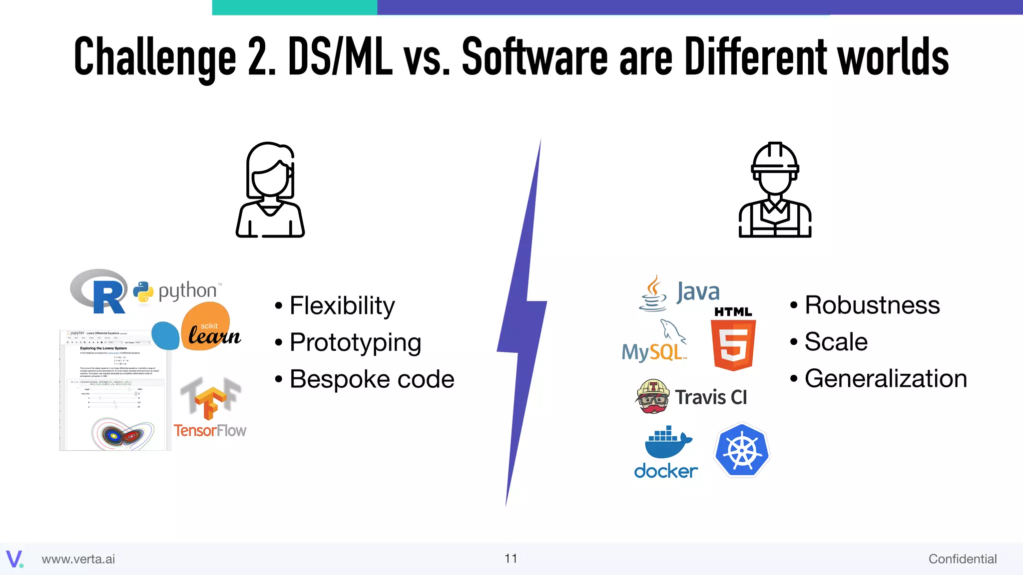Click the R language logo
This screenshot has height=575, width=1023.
pyautogui.click(x=100, y=291)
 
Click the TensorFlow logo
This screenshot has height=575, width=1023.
pyautogui.click(x=210, y=407)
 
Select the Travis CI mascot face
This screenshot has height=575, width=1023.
pyautogui.click(x=653, y=396)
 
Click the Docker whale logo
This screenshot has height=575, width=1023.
pyautogui.click(x=666, y=452)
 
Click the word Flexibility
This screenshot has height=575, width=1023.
pyautogui.click(x=342, y=305)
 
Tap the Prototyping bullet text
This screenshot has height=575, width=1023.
pyautogui.click(x=355, y=342)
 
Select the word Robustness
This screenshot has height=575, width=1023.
pyautogui.click(x=872, y=305)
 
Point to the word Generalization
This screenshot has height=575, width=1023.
pyautogui.click(x=886, y=378)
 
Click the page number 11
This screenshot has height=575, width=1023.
pyautogui.click(x=511, y=559)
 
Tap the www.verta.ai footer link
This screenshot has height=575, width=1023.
pyautogui.click(x=78, y=559)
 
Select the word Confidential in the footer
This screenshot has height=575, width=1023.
pyautogui.click(x=962, y=559)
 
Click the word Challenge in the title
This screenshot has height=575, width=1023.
pyautogui.click(x=155, y=57)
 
